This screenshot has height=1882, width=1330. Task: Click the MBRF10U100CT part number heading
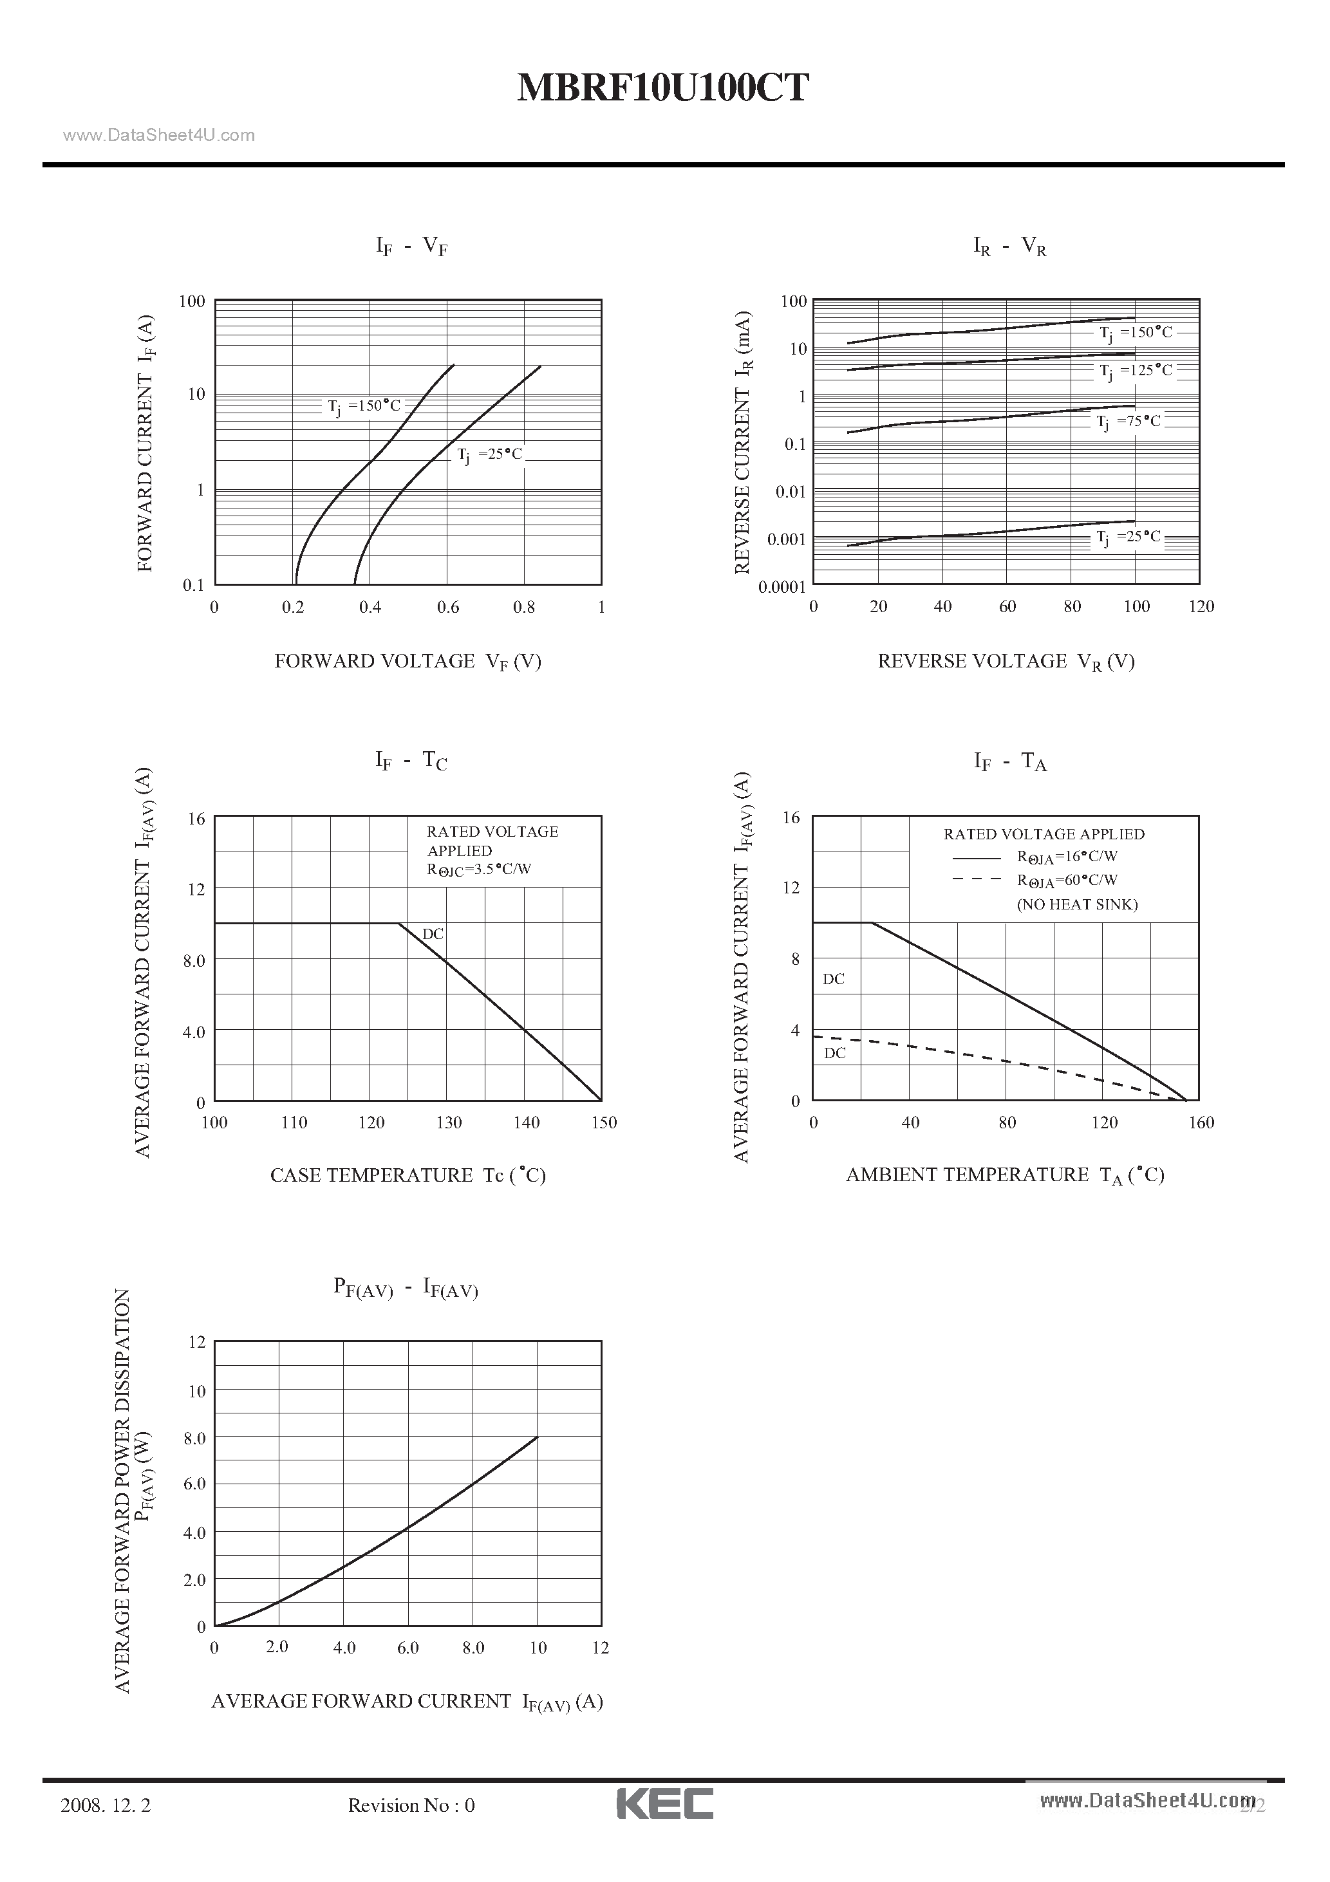[662, 88]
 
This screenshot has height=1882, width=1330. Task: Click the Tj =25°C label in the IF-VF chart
[489, 455]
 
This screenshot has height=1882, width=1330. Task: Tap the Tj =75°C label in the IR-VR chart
[1129, 422]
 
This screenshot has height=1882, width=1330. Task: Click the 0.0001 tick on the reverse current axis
[782, 587]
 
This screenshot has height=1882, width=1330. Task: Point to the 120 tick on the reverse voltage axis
[1201, 606]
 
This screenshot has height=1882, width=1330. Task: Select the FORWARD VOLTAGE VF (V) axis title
[407, 662]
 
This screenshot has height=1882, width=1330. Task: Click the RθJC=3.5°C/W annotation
[479, 870]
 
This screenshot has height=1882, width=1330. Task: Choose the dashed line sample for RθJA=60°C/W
[976, 879]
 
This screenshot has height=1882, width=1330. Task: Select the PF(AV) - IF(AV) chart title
[405, 1288]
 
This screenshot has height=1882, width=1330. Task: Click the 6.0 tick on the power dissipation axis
[194, 1484]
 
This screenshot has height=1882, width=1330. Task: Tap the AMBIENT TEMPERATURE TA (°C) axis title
[1004, 1175]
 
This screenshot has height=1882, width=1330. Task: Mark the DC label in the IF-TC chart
[433, 934]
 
